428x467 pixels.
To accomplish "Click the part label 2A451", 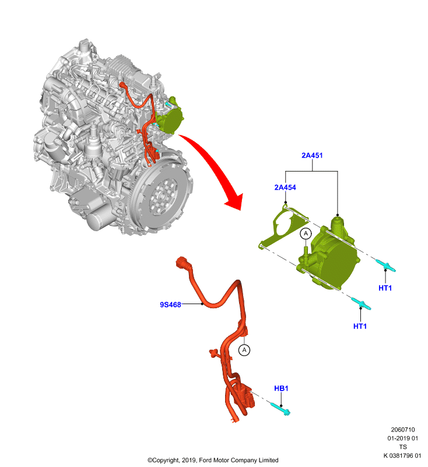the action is pyautogui.click(x=312, y=155).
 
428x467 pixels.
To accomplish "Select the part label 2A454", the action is pyautogui.click(x=285, y=187).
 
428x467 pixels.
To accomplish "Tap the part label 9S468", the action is pyautogui.click(x=170, y=304).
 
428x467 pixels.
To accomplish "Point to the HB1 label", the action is pyautogui.click(x=281, y=388).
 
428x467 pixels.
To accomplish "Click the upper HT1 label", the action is pyautogui.click(x=385, y=288).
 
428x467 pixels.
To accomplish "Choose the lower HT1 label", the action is pyautogui.click(x=360, y=326).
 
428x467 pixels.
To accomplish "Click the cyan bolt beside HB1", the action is pyautogui.click(x=280, y=408).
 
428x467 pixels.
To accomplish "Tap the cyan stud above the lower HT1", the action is pyautogui.click(x=361, y=304).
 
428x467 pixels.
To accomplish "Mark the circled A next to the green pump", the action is pyautogui.click(x=306, y=233).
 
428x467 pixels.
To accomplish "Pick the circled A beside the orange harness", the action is pyautogui.click(x=244, y=350).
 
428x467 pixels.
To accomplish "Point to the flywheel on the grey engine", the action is pyautogui.click(x=162, y=195).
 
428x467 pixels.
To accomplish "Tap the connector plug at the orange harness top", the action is pyautogui.click(x=183, y=263).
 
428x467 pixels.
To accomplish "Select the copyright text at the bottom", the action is pyautogui.click(x=213, y=460).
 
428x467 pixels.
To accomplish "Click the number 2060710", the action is pyautogui.click(x=403, y=430).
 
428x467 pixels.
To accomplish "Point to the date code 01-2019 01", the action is pyautogui.click(x=403, y=438).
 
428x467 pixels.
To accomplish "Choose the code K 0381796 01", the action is pyautogui.click(x=402, y=455).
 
